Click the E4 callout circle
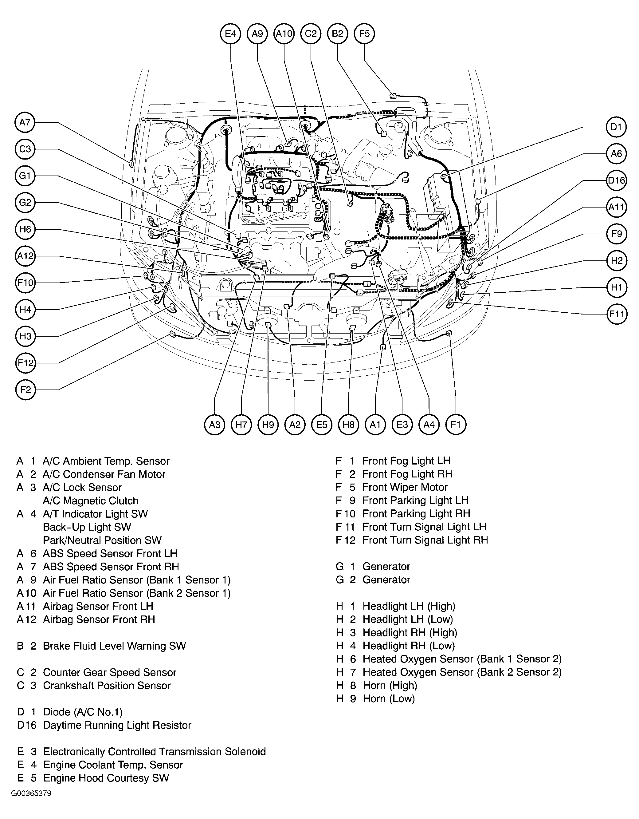[230, 34]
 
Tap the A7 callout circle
[25, 122]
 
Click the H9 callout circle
[268, 425]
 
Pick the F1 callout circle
[455, 425]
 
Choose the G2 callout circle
[25, 203]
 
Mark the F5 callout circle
[364, 34]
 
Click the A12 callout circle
[25, 256]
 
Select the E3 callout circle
[402, 425]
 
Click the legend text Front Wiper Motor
[405, 487]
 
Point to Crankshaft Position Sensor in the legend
[107, 686]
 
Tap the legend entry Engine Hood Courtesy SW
[106, 778]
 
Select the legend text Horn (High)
[390, 686]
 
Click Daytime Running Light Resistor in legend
[117, 725]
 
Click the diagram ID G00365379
[31, 804]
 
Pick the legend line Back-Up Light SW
[87, 527]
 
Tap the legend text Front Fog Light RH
[407, 474]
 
